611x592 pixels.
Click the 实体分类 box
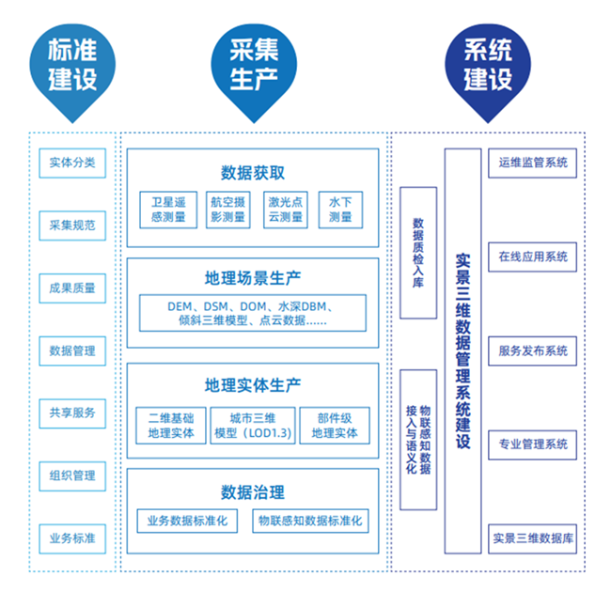(x=72, y=163)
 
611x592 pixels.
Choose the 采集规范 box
(x=72, y=226)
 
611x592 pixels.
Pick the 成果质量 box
(x=72, y=288)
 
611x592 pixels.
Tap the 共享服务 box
(x=72, y=413)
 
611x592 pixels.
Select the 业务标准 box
(x=72, y=539)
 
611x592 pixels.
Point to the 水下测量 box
(x=340, y=210)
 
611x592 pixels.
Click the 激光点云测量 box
(x=285, y=210)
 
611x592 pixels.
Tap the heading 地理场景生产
(x=253, y=279)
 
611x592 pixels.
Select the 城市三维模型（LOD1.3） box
(x=253, y=426)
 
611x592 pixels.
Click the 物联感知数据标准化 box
(x=311, y=521)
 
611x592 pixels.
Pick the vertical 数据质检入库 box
(x=418, y=254)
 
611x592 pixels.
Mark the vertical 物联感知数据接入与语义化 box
(x=418, y=440)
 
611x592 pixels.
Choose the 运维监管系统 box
(x=533, y=163)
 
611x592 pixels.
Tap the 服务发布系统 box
(x=533, y=351)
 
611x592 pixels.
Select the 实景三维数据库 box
(x=533, y=539)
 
